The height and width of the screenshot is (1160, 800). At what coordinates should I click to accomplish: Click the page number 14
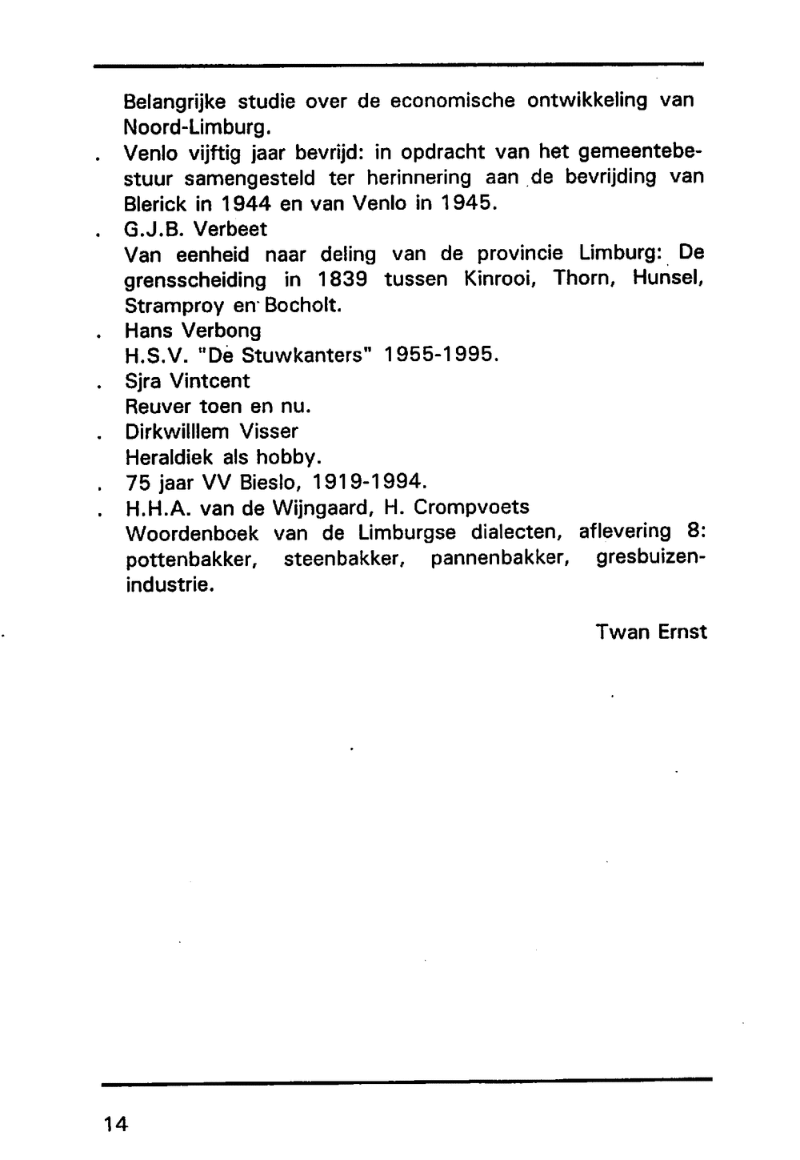click(115, 1123)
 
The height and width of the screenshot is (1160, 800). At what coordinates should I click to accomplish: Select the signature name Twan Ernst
click(651, 632)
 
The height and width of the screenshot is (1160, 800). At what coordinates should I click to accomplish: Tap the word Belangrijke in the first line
click(175, 102)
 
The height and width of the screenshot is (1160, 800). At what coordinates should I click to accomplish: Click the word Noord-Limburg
click(193, 127)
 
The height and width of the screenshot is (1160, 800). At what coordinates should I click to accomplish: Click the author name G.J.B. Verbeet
click(196, 229)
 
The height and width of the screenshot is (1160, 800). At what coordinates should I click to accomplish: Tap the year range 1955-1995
click(441, 355)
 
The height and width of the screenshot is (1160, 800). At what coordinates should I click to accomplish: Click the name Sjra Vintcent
click(187, 381)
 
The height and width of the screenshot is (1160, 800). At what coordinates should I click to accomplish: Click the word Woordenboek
click(192, 534)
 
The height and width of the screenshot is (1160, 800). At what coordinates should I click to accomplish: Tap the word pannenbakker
click(500, 559)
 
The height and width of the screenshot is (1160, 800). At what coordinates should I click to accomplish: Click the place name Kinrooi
click(501, 279)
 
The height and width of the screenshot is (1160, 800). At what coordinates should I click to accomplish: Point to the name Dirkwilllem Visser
click(211, 431)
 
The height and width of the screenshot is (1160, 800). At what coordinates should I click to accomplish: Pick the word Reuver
click(158, 407)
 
